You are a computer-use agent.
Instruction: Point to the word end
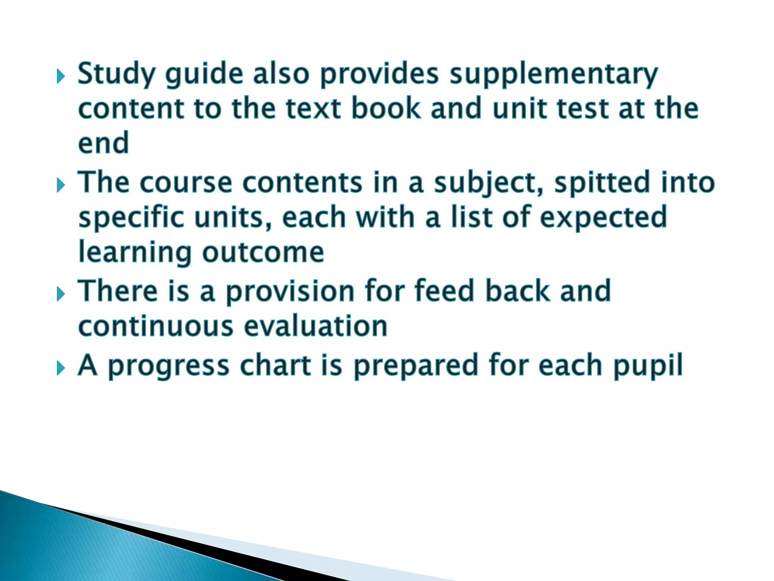point(103,143)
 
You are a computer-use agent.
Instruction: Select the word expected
point(603,217)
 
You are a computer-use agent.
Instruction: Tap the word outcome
point(263,252)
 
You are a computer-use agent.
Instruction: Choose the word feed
point(444,290)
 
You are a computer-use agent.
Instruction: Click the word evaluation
point(316,326)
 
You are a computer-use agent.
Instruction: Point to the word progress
point(169,365)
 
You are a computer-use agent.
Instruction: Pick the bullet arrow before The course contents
point(60,185)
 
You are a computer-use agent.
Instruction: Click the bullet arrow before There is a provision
point(60,294)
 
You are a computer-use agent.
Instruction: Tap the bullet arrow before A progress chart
point(60,368)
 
